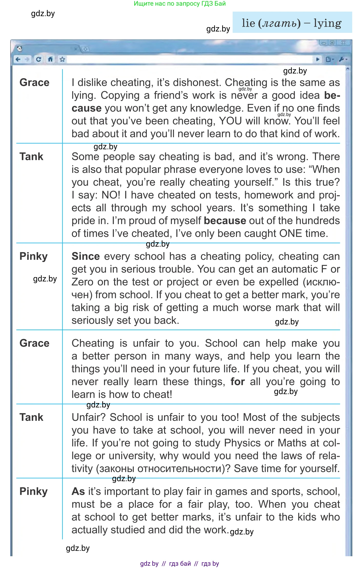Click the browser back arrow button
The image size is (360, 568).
(18, 59)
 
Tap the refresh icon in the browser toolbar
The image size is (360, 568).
(38, 59)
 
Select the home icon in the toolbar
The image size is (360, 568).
(50, 59)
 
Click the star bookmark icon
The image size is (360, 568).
(62, 59)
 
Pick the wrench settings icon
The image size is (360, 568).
(342, 59)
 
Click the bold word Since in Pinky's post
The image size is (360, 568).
(86, 256)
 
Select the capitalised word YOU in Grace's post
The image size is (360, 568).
(230, 121)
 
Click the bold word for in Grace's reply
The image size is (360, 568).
(238, 382)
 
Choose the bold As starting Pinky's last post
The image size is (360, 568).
(78, 491)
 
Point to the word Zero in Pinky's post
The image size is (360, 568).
(82, 282)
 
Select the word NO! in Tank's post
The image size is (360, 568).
(111, 195)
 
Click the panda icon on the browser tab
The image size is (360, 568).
(19, 48)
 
